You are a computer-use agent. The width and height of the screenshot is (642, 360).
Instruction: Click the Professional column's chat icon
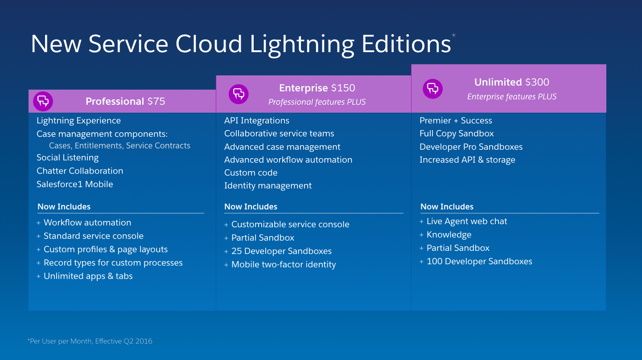43,102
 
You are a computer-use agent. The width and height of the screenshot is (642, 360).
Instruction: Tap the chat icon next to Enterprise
239,94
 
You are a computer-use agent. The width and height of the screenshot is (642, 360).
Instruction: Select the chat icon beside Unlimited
432,88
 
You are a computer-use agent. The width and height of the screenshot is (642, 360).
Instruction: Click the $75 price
156,102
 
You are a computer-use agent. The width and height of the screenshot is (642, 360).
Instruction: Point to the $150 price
343,88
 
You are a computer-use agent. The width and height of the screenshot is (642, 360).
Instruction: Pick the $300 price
537,82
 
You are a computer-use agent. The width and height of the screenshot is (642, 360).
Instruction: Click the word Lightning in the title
302,44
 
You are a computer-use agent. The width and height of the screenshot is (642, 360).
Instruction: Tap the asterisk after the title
453,36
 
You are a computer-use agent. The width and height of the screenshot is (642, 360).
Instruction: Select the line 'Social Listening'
68,158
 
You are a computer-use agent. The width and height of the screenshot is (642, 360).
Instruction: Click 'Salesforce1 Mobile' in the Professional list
75,184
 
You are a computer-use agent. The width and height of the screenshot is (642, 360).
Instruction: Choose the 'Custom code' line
251,173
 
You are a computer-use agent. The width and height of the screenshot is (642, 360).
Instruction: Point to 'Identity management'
268,186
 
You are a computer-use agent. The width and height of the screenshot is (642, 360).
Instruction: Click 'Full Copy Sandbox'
457,134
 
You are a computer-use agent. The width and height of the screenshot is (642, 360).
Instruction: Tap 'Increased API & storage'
467,160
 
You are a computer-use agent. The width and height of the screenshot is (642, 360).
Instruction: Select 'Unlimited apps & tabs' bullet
88,276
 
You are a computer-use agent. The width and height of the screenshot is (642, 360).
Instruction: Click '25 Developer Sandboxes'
281,251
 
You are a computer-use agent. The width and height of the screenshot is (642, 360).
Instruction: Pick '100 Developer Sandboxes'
479,262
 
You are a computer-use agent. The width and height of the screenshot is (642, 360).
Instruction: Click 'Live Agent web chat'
467,221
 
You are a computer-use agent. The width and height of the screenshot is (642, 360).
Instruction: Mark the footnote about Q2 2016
90,341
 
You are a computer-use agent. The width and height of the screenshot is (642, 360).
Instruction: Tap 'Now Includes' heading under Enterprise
251,207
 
